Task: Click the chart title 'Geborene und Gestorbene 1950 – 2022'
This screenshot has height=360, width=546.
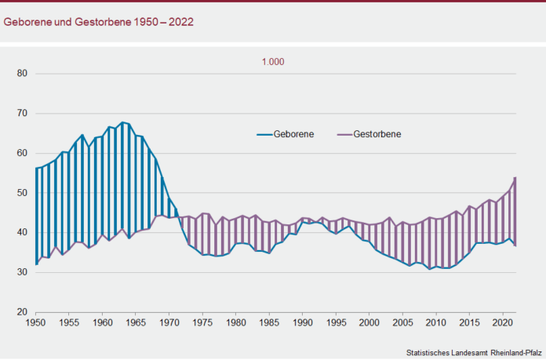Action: [99, 22]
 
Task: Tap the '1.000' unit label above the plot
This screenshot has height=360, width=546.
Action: [274, 62]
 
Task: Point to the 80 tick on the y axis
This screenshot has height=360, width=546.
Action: [21, 74]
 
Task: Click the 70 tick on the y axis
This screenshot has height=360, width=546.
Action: [21, 114]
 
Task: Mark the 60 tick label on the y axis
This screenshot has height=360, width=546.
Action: [21, 154]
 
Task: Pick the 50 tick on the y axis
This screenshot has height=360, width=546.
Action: [21, 193]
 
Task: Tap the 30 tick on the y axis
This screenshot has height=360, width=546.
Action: [21, 272]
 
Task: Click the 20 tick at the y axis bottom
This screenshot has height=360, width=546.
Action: [21, 312]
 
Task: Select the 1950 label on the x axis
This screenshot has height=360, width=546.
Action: [36, 322]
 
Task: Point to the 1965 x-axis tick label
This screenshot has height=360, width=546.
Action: [135, 322]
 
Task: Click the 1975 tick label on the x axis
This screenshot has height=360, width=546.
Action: [202, 322]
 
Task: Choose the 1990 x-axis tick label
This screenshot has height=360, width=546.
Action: [301, 322]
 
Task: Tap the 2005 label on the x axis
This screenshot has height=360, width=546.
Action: [401, 322]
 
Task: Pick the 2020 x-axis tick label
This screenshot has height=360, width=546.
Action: [500, 322]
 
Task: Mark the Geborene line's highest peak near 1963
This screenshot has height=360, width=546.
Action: [122, 122]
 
